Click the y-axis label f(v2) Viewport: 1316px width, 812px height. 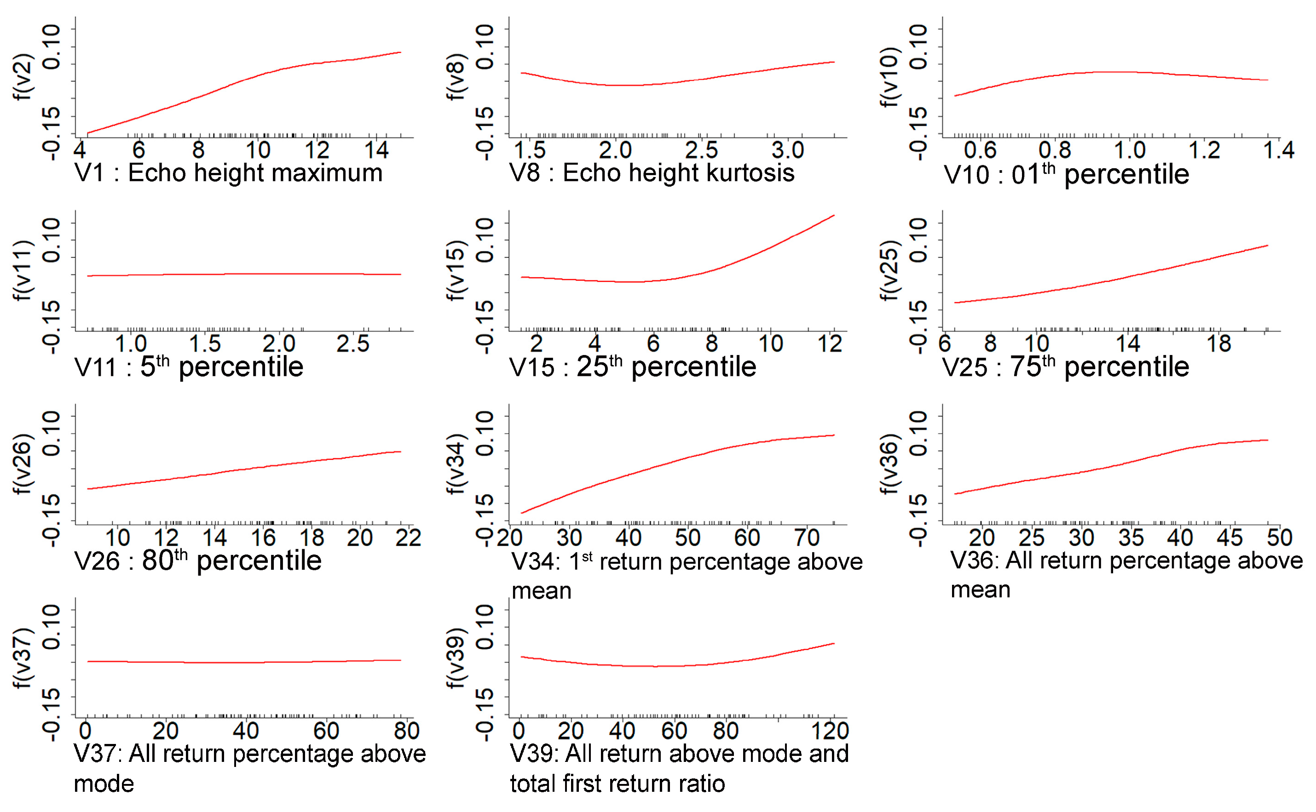23,76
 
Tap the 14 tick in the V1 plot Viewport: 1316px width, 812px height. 376,150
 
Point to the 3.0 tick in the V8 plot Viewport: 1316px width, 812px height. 787,150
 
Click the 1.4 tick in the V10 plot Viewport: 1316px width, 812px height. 1278,150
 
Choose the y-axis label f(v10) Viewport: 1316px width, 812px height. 889,76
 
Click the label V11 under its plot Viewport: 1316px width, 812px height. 96,368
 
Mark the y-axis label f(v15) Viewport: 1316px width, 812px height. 456,269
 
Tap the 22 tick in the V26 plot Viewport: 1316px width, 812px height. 408,538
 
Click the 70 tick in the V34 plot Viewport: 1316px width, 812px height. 806,538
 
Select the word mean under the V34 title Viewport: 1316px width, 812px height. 541,591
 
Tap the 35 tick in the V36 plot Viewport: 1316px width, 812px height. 1131,538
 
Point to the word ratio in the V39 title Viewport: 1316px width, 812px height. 701,783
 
